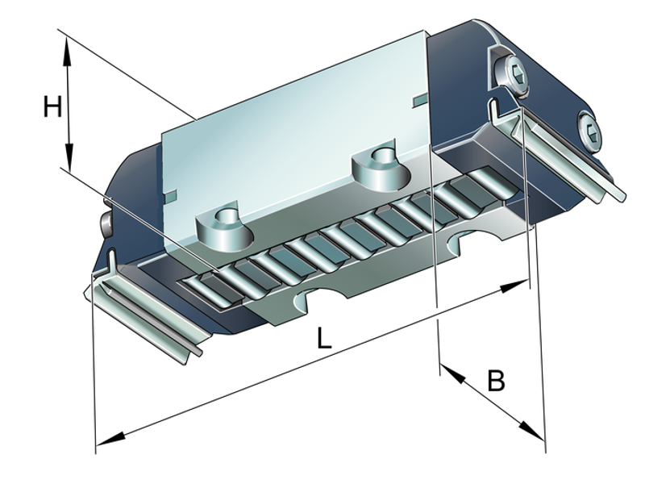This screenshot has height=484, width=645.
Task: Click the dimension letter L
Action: point(323,338)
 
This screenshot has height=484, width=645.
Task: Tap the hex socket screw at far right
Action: point(590,130)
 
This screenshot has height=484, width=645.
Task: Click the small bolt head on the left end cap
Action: point(106,223)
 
